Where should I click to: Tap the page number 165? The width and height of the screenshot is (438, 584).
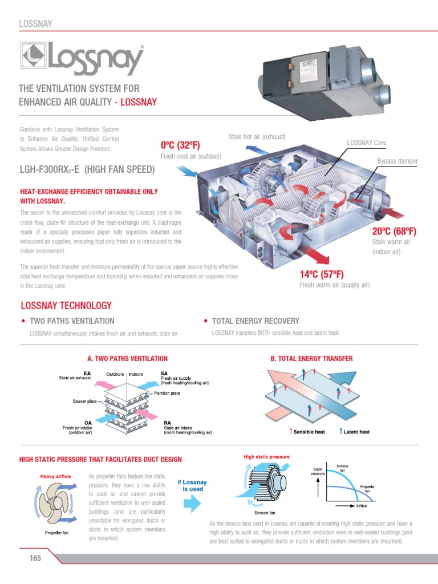[36, 558]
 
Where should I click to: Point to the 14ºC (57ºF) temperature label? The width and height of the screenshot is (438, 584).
[321, 274]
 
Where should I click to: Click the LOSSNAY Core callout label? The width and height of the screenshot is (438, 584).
[367, 142]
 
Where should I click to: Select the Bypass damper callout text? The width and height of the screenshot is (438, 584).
[398, 161]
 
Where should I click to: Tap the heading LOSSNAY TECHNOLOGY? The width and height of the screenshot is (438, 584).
[66, 306]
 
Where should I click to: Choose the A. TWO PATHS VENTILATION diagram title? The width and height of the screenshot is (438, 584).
[127, 359]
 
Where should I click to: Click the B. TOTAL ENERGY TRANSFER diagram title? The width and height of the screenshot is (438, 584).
[311, 359]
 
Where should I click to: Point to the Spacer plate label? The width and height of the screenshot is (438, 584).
[83, 401]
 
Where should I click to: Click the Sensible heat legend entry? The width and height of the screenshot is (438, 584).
[309, 432]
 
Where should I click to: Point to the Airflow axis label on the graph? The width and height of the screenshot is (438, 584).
[361, 505]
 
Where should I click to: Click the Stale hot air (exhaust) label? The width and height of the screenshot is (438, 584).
[257, 137]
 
